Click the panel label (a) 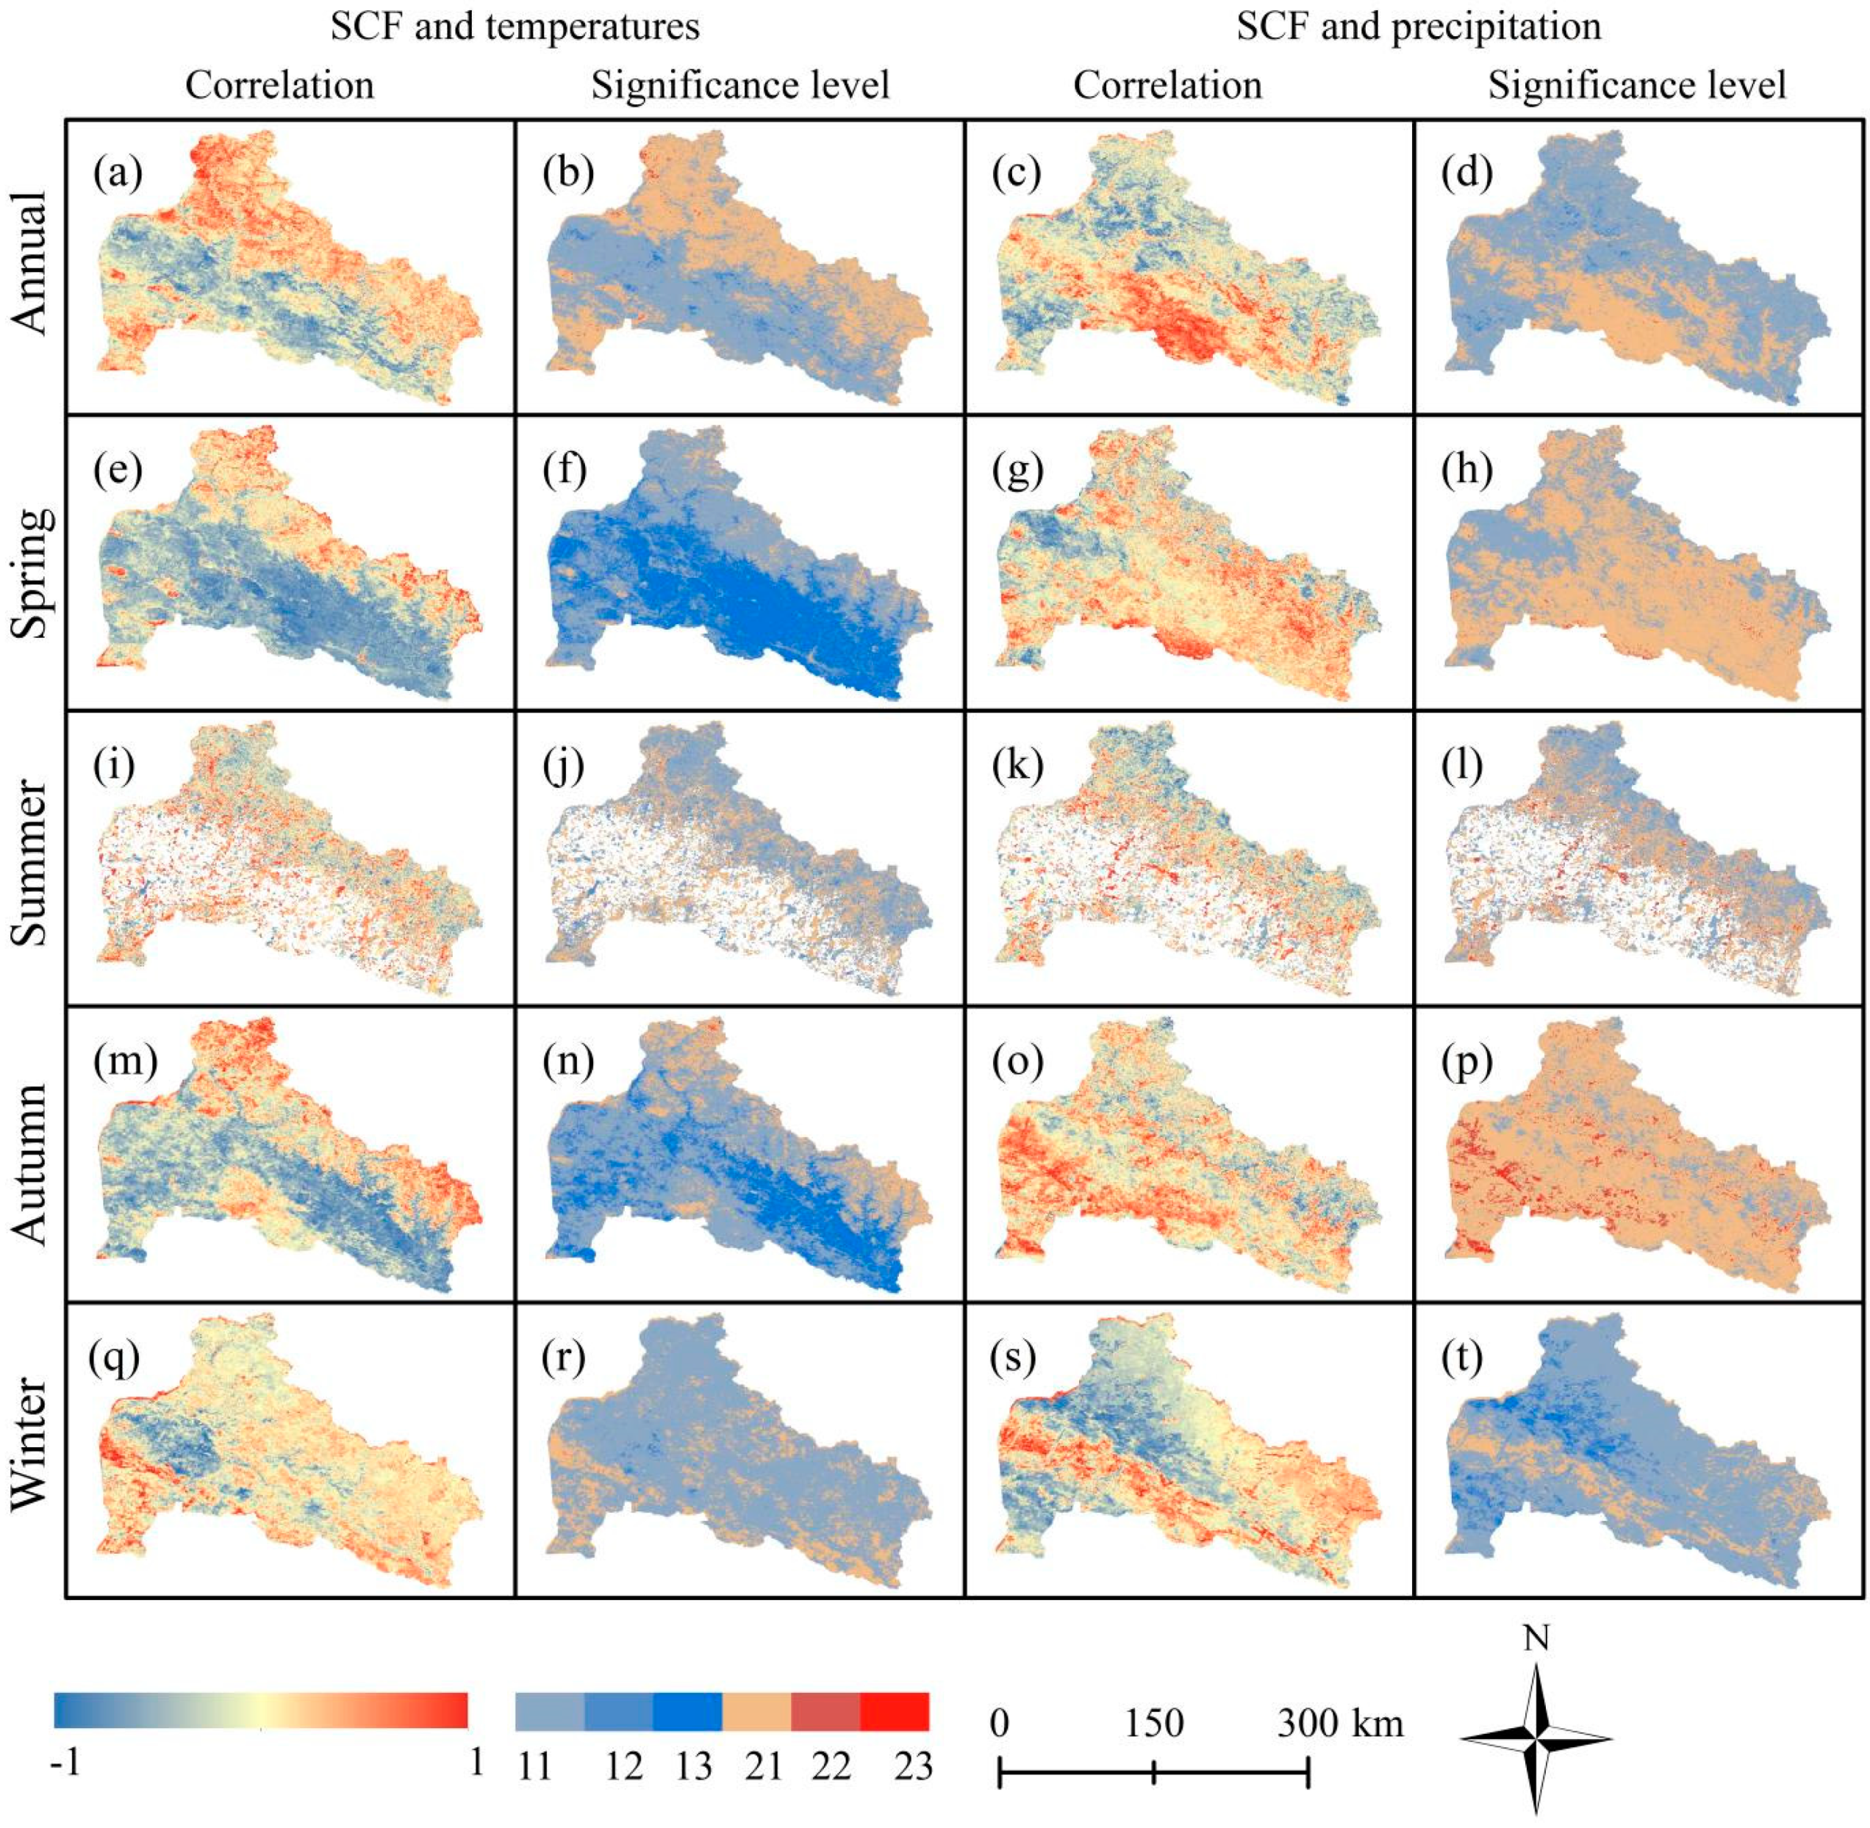tap(117, 173)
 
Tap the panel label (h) tap(1466, 470)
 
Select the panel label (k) tap(1017, 765)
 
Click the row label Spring tap(32, 572)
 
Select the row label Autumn tap(32, 1163)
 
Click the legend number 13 tap(693, 1766)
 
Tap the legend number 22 tap(831, 1766)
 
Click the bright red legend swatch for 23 tap(894, 1711)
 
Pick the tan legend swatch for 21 tap(756, 1711)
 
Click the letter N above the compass tap(1536, 1638)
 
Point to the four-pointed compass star tap(1536, 1738)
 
